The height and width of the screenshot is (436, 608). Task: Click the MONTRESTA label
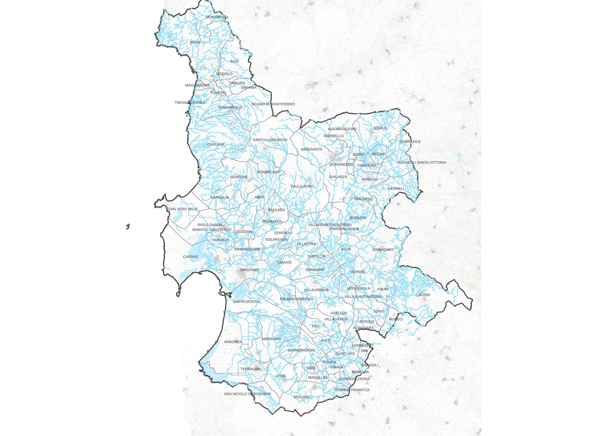(x=217, y=17)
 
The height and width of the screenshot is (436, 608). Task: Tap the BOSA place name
(x=195, y=42)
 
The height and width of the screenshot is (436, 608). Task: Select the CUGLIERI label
(x=216, y=144)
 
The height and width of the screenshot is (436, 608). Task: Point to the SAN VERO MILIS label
(x=183, y=209)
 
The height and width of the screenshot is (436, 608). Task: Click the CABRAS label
(x=190, y=257)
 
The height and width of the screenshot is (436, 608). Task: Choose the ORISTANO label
(x=249, y=270)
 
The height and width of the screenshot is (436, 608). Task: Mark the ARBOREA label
(x=233, y=342)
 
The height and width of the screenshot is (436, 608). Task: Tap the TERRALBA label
(x=250, y=369)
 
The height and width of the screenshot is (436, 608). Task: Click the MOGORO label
(x=302, y=397)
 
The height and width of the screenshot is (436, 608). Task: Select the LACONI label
(x=423, y=295)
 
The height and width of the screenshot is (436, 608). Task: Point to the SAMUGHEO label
(x=383, y=249)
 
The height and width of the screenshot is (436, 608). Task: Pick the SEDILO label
(x=380, y=128)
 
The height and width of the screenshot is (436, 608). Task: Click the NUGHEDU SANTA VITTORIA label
(x=421, y=162)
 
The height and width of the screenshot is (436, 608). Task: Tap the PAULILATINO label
(x=302, y=187)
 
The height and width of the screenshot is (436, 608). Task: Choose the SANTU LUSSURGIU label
(x=270, y=140)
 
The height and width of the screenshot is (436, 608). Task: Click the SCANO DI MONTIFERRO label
(x=273, y=104)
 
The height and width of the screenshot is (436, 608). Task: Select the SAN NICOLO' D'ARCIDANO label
(x=247, y=394)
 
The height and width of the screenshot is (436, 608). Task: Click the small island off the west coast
(x=128, y=226)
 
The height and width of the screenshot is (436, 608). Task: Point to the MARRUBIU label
(x=271, y=339)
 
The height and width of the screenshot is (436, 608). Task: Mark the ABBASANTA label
(x=311, y=149)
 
